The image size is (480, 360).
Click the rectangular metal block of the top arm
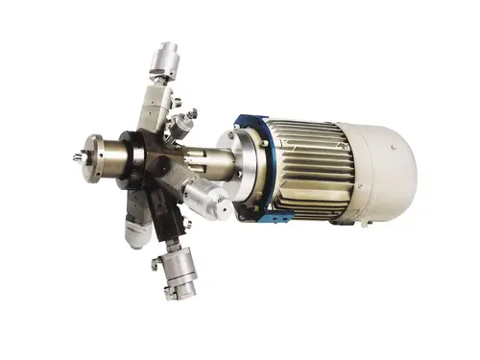coord(154,101)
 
